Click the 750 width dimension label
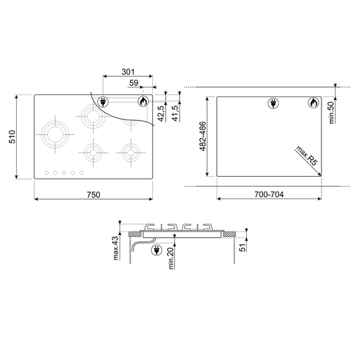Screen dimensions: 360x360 click(94, 194)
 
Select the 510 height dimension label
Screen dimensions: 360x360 click(12, 137)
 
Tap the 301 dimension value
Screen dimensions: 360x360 click(128, 72)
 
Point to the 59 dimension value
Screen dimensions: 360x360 click(134, 82)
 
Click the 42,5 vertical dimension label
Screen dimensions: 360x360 click(161, 113)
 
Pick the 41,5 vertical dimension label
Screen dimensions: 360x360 click(175, 113)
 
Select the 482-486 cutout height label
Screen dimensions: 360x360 click(203, 136)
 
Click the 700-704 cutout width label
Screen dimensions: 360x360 click(269, 194)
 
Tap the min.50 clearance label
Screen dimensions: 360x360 click(331, 113)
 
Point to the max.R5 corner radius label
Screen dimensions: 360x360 click(307, 156)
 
